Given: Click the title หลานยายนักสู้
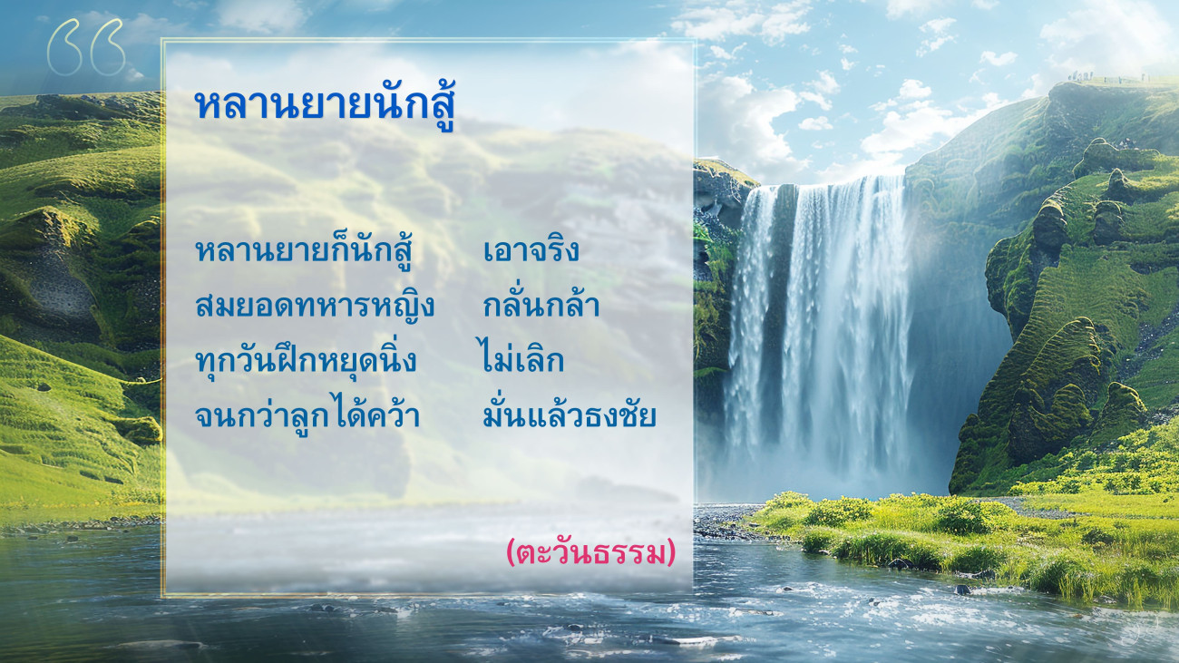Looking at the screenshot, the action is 325,104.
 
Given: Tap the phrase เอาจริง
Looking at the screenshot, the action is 531,250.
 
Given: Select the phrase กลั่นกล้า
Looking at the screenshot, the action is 541,304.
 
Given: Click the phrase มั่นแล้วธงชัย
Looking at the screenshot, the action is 570,414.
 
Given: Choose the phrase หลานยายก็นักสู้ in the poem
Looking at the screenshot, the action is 303,250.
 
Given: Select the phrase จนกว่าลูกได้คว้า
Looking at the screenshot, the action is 307,414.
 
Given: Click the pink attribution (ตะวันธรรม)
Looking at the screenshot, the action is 590,552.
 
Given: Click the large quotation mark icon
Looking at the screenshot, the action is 86,47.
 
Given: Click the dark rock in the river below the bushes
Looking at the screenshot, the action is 962,590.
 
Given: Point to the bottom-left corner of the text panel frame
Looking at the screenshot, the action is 163,596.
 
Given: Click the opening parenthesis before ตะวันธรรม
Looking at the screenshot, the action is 510,553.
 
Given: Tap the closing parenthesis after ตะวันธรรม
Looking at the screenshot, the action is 671,553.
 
